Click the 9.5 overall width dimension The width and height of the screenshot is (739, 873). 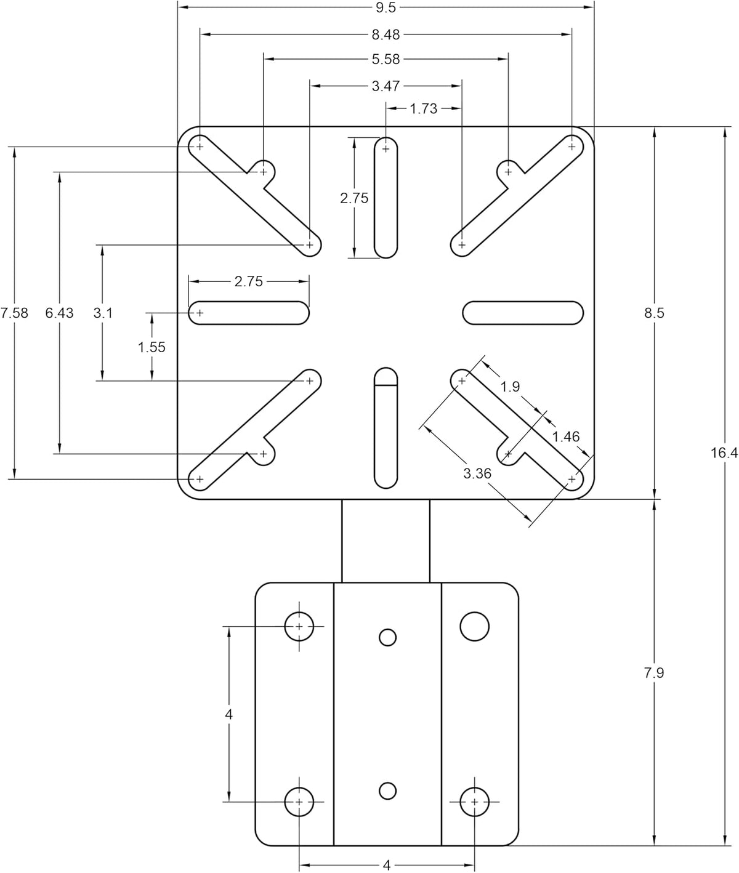coord(386,7)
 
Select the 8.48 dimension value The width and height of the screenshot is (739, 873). coord(386,34)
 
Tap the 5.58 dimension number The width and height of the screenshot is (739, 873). coord(386,59)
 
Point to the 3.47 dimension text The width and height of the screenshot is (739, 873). coord(386,86)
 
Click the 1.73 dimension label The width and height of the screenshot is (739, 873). coord(423,109)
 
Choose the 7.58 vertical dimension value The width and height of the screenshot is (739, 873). coord(14,313)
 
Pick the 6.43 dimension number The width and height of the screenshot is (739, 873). coord(60,313)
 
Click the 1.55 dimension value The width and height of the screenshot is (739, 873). coord(151,347)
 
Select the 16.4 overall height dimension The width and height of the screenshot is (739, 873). coord(724,453)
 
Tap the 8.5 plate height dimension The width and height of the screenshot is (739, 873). coord(655,313)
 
